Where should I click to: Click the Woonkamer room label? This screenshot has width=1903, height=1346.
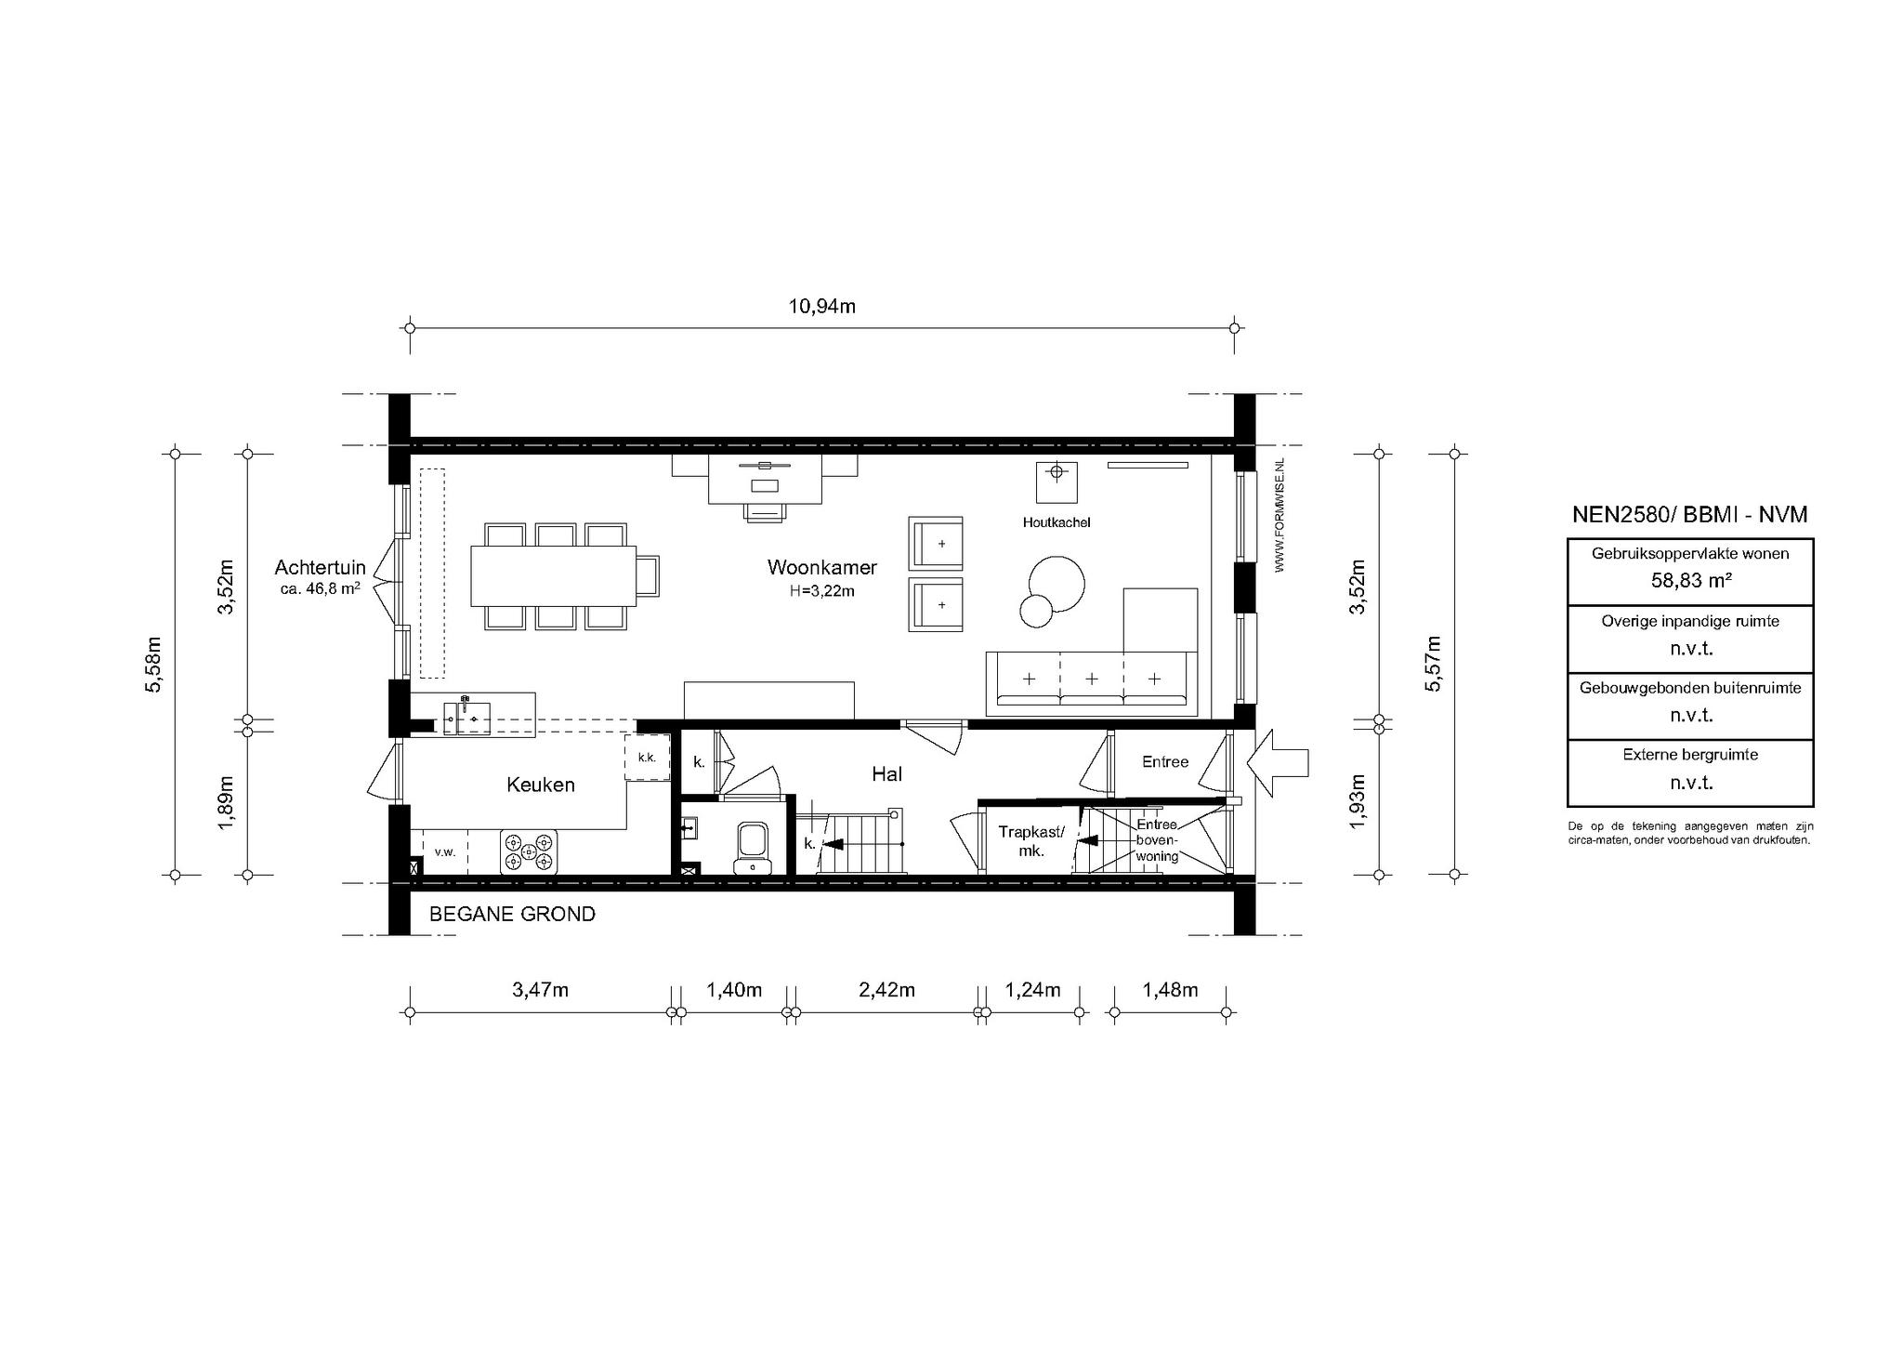pos(821,567)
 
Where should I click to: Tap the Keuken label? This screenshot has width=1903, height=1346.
pos(540,785)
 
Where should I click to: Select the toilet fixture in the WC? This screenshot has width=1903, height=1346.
pos(752,847)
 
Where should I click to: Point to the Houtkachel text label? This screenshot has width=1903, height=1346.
pos(1056,522)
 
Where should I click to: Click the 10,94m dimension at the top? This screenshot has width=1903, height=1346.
pos(822,307)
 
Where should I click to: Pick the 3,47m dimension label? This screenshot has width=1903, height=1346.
pos(540,990)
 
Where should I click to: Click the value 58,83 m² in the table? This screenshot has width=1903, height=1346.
pos(1690,580)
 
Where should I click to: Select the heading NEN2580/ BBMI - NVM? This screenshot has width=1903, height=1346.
pos(1689,515)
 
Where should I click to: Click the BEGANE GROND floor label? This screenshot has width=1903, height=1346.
pos(512,914)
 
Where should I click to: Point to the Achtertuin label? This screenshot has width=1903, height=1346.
pos(320,568)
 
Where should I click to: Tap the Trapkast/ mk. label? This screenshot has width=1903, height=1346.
pos(1031,840)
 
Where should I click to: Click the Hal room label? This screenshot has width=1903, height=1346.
pos(886,773)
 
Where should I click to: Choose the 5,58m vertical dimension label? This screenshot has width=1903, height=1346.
pos(155,665)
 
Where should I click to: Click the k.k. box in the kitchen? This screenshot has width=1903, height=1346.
pos(647,758)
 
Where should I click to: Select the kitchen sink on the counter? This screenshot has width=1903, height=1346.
pos(466,718)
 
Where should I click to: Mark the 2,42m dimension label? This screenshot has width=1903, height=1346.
pos(886,990)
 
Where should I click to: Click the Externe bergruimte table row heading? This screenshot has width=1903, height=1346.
pos(1690,755)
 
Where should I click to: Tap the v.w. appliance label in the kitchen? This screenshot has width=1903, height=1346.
pos(445,851)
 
